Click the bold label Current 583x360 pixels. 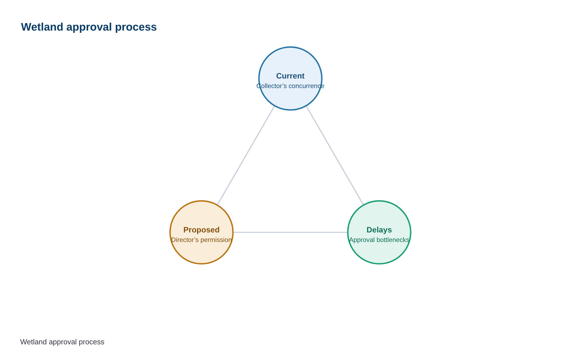(290, 76)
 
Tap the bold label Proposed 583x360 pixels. (202, 230)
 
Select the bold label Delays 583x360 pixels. (379, 230)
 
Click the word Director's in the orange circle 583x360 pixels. (185, 240)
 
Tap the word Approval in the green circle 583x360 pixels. (362, 240)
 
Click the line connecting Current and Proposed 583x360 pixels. (246, 155)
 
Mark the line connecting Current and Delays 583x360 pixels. (335, 155)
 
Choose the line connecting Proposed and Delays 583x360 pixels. (290, 232)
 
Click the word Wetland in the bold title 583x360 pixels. (42, 27)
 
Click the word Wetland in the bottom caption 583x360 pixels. (31, 342)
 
